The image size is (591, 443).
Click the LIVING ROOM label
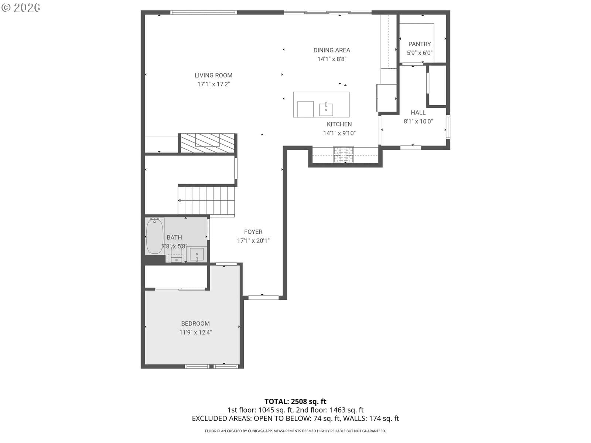[213, 75]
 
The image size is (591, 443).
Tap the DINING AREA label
[331, 50]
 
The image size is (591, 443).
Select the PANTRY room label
[419, 44]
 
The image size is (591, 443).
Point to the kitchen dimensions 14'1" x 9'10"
[339, 133]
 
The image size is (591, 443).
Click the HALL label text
[418, 113]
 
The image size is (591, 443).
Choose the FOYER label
[253, 232]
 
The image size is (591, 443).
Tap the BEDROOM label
[195, 324]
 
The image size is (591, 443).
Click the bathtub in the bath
[154, 236]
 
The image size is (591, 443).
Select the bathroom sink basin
[197, 254]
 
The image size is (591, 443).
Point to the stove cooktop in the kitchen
[343, 155]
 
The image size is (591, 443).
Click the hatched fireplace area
[207, 143]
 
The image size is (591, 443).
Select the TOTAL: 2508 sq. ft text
[295, 402]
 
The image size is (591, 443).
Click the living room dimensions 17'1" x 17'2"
[213, 84]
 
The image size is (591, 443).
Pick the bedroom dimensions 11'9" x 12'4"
[195, 333]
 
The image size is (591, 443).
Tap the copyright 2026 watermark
[21, 7]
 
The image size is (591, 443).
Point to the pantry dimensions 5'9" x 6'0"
[419, 53]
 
